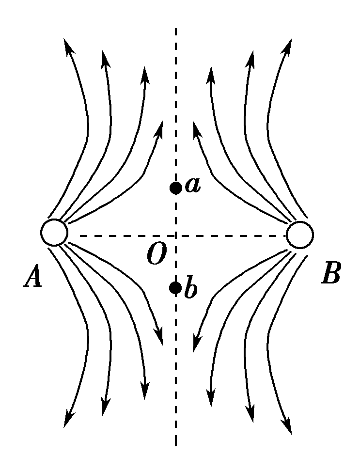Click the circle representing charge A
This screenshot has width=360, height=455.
(x=54, y=233)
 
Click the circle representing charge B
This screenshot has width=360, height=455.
(x=300, y=235)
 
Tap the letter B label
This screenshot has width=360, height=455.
(x=331, y=275)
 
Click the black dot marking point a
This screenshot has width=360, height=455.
(x=175, y=188)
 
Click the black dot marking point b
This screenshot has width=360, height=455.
(x=175, y=288)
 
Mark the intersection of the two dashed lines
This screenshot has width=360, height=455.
(x=175, y=236)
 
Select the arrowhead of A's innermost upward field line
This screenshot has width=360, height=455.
(x=160, y=127)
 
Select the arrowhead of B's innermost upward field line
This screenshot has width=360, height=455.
(x=196, y=127)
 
